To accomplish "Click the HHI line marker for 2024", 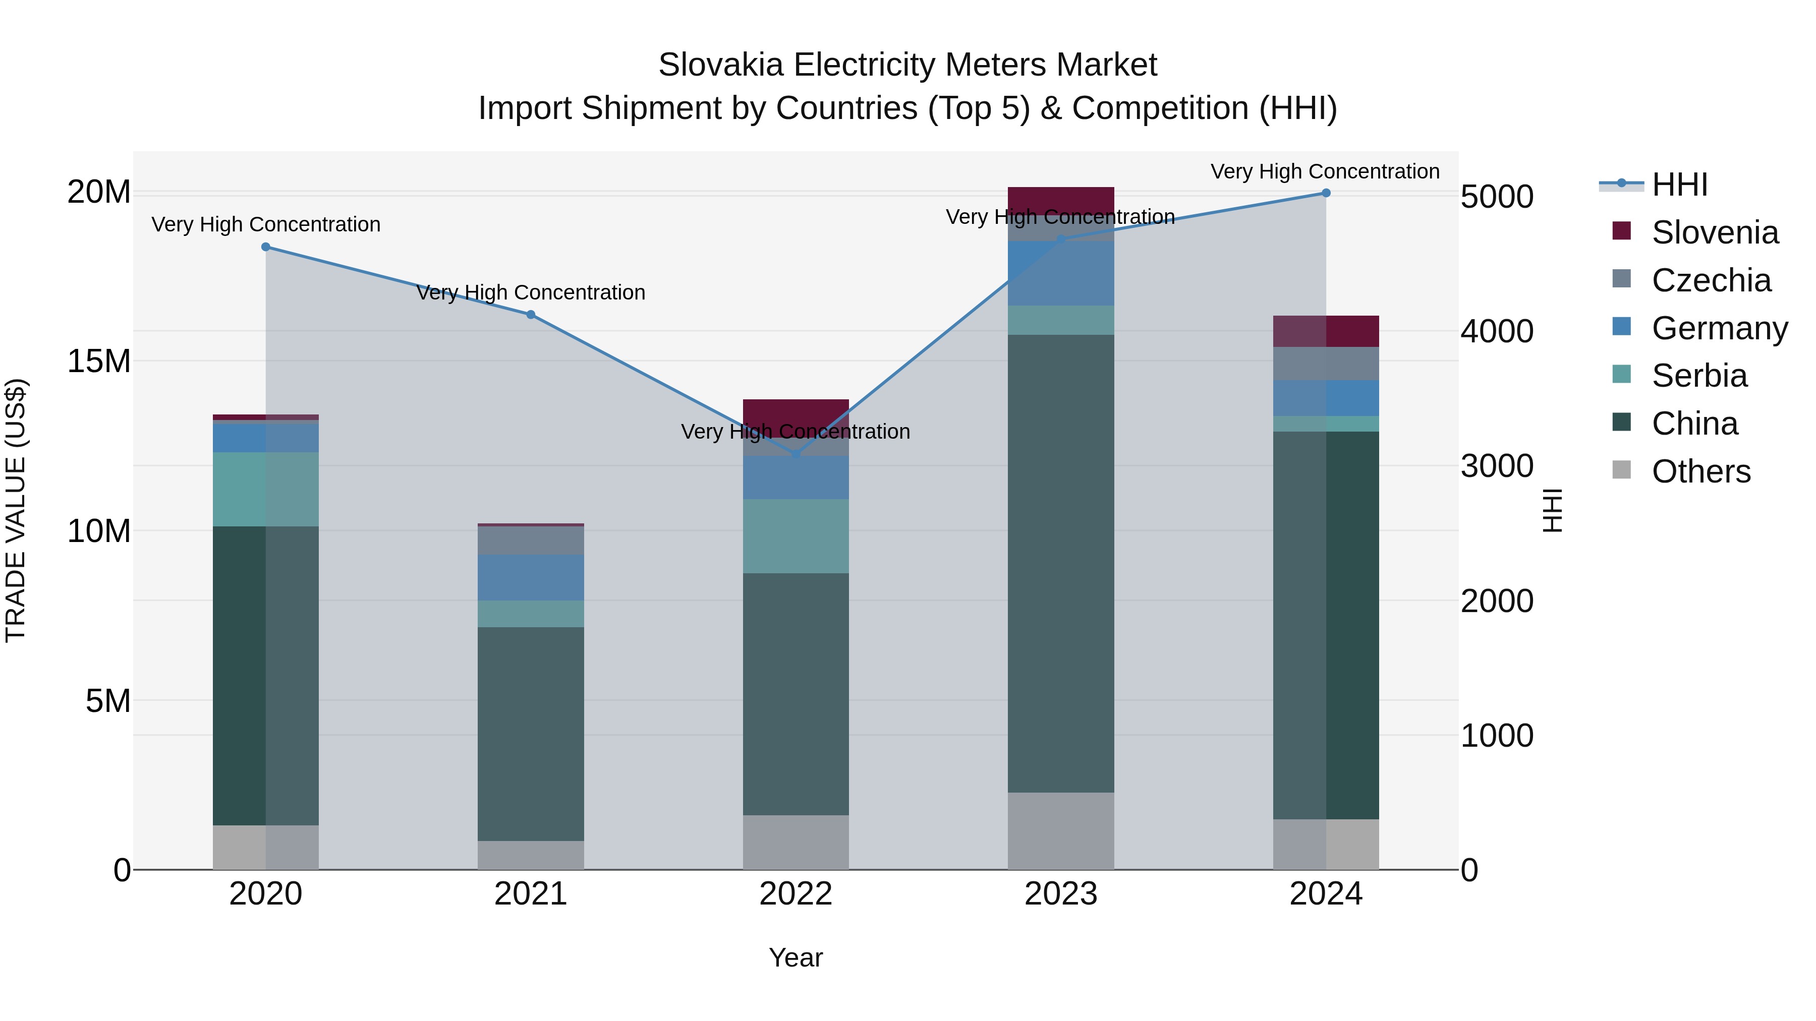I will pos(1325,193).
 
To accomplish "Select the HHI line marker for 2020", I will pos(266,247).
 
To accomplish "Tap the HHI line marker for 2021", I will pos(531,315).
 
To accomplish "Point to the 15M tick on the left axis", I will pos(99,361).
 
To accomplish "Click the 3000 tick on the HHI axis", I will pos(1496,466).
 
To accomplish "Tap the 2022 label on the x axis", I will pos(796,894).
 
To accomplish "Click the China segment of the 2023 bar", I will pos(1061,564).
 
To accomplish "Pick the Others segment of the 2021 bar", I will pos(531,855).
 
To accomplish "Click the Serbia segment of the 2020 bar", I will pos(266,489).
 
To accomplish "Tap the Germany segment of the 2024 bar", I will pos(1325,398).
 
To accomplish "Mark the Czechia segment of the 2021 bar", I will pos(531,540).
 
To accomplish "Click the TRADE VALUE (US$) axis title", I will pos(16,510).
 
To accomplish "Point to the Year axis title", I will pos(796,957).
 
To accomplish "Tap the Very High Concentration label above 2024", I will pos(1325,171).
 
